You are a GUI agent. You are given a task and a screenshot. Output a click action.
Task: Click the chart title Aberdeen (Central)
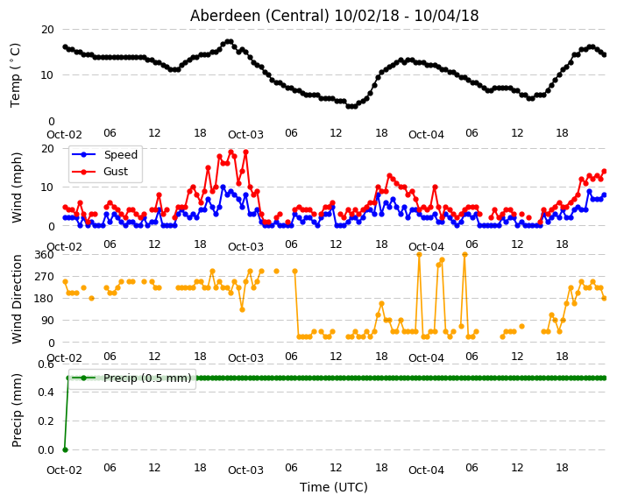click(259, 16)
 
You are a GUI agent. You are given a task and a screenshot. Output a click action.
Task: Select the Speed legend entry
click(104, 154)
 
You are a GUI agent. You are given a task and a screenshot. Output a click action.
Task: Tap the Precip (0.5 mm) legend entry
click(132, 378)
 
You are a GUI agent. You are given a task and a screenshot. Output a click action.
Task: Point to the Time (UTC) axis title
click(334, 487)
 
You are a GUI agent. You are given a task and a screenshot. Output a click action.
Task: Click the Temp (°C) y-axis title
click(15, 75)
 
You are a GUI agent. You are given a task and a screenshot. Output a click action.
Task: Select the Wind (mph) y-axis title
click(17, 187)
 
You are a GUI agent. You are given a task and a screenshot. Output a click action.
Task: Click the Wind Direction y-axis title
click(17, 299)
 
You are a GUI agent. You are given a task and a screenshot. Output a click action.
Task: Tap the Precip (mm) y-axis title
click(17, 410)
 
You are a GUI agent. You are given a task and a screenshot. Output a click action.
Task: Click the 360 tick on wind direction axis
click(44, 255)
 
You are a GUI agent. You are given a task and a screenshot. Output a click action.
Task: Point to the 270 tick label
click(44, 277)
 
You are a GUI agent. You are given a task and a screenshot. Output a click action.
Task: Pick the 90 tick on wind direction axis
click(47, 321)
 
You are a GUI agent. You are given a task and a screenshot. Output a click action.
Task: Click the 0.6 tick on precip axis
click(46, 364)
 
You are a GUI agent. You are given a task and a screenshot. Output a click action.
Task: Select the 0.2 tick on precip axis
click(46, 421)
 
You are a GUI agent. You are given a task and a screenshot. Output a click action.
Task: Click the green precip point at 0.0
click(66, 449)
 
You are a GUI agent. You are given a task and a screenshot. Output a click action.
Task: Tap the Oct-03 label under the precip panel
click(245, 470)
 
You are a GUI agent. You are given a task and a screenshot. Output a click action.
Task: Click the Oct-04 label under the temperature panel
click(426, 135)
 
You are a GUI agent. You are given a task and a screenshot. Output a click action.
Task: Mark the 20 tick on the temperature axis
click(47, 30)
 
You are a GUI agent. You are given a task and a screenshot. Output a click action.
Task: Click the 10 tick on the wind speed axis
click(47, 187)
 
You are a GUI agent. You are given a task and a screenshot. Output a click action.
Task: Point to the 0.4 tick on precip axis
click(46, 392)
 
